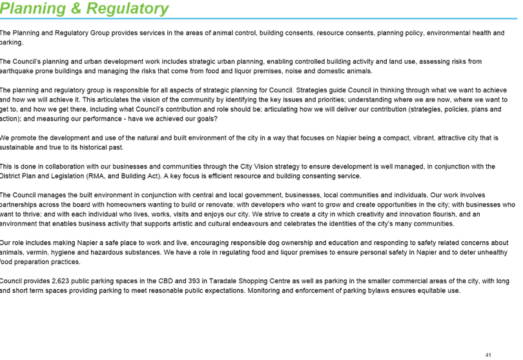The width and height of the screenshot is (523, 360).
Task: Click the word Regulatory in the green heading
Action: tap(127, 8)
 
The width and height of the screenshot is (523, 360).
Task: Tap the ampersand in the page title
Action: tap(76, 8)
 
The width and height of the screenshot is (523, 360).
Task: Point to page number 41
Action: tap(488, 355)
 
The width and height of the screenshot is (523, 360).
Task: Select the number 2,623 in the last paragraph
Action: tap(61, 281)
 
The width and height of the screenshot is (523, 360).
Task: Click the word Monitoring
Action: tap(263, 291)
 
